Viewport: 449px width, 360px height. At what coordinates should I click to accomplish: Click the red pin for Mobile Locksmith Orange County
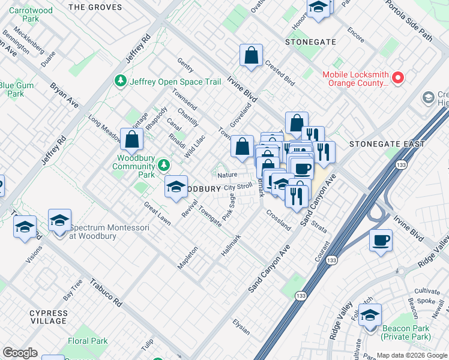398,78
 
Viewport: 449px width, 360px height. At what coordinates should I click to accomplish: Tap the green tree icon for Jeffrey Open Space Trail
121,81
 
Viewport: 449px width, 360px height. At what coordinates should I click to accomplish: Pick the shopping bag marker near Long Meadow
131,140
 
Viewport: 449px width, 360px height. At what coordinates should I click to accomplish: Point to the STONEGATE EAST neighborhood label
388,144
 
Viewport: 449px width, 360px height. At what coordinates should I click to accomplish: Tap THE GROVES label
95,8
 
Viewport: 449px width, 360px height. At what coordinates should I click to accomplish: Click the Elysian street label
241,327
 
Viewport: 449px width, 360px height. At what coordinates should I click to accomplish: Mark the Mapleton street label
187,257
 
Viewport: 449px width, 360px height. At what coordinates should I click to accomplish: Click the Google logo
20,352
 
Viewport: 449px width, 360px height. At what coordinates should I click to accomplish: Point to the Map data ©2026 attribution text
411,355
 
